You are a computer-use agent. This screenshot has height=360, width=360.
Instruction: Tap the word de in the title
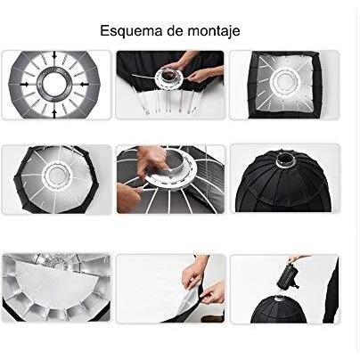pyautogui.click(x=175, y=30)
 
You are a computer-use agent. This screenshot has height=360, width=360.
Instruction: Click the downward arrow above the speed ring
pyautogui.click(x=54, y=55)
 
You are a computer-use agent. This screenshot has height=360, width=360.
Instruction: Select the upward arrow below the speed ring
pyautogui.click(x=54, y=114)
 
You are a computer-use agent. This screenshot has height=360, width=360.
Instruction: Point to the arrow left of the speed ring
pyautogui.click(x=25, y=85)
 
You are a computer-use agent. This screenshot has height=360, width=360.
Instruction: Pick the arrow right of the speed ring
pyautogui.click(x=84, y=85)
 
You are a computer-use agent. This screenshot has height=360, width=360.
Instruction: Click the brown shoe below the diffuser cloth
pyautogui.click(x=212, y=319)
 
